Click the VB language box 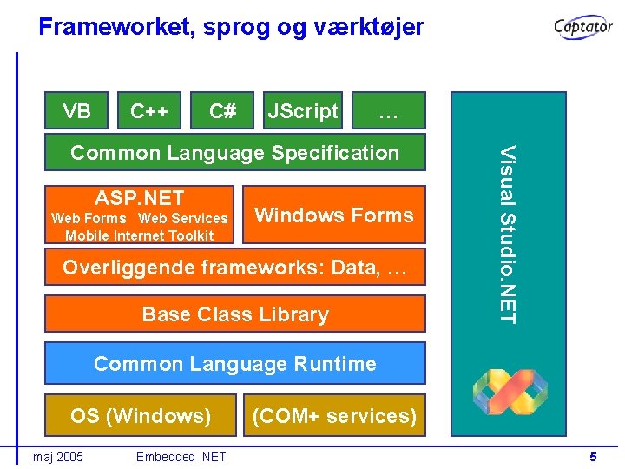click(x=76, y=111)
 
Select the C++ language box click(x=149, y=111)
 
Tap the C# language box click(x=223, y=111)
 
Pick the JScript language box click(x=302, y=111)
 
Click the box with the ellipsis click(x=389, y=111)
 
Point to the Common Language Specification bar click(x=234, y=153)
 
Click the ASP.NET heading click(x=140, y=198)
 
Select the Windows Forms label click(x=334, y=215)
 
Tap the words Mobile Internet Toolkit click(x=139, y=235)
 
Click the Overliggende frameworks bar click(x=234, y=268)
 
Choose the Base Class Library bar click(x=234, y=314)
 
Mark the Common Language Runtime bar click(x=234, y=363)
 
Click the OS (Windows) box click(x=141, y=415)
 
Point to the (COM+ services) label click(x=334, y=415)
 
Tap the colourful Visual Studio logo click(x=510, y=391)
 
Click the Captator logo click(x=584, y=28)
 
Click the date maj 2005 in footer click(x=57, y=457)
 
